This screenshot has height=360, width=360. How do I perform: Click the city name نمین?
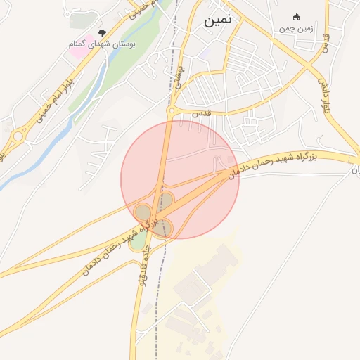coord(217,20)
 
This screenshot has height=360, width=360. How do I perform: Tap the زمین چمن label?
coord(295,28)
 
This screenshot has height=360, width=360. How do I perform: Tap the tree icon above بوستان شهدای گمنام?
coord(103,33)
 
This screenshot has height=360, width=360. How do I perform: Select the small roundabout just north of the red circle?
coord(170,110)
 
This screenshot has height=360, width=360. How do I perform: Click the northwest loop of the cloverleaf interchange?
coord(143,212)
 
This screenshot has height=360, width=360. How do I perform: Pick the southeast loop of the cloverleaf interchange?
coord(164,226)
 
